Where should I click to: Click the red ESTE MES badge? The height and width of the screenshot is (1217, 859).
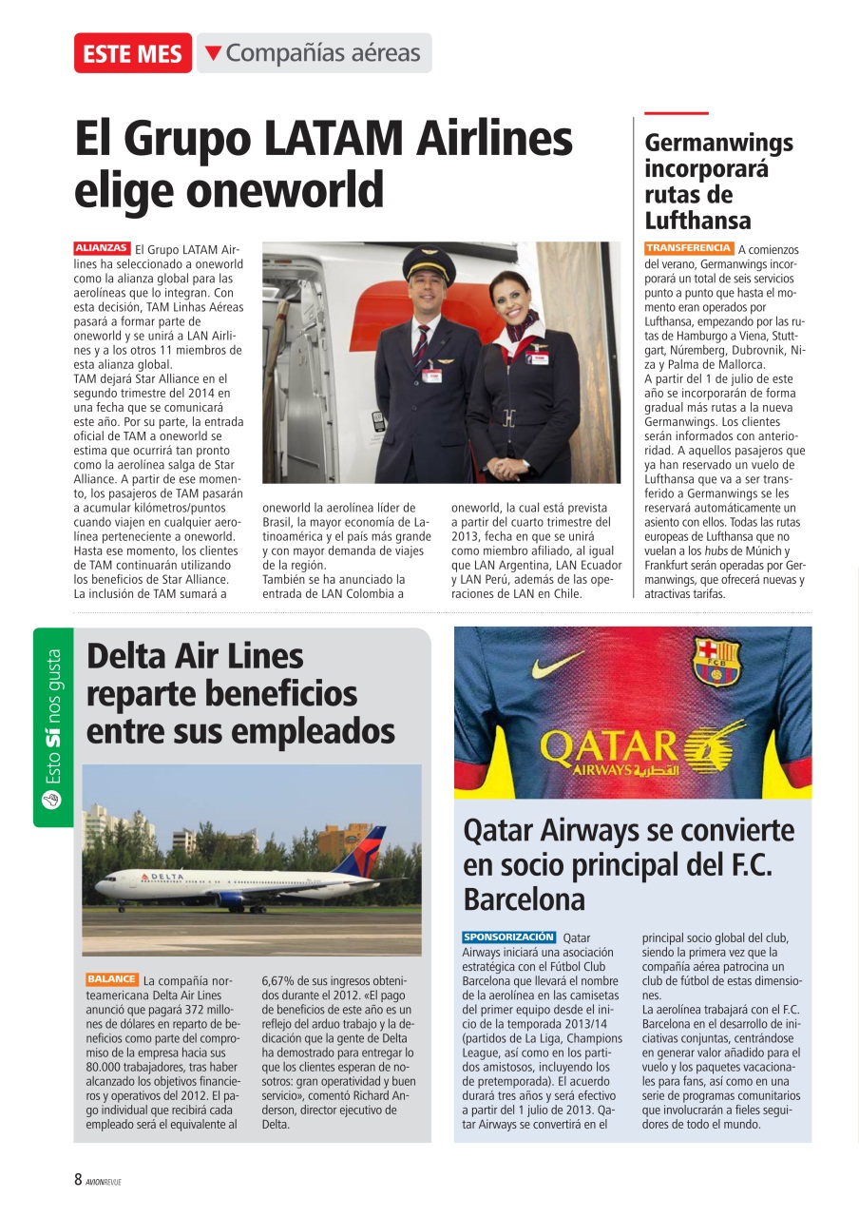[132, 53]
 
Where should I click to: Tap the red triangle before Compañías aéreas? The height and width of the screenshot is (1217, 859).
[214, 53]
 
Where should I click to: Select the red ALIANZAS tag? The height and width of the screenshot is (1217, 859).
[102, 248]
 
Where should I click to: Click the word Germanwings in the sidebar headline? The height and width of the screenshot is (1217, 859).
[718, 144]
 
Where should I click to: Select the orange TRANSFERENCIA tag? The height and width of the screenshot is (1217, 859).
[688, 248]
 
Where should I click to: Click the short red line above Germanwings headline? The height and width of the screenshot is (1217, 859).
[677, 113]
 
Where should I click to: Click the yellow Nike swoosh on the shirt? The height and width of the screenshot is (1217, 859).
[558, 664]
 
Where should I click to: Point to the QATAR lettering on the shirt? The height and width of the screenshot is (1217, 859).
[608, 746]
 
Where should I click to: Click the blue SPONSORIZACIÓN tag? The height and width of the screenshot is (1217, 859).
[508, 937]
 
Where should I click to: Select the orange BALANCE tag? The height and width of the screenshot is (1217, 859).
[111, 978]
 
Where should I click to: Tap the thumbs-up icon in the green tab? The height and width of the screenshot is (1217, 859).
[52, 800]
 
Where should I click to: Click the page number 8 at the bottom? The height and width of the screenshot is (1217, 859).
[79, 1180]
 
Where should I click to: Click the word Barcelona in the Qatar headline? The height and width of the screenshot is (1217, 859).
[524, 898]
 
